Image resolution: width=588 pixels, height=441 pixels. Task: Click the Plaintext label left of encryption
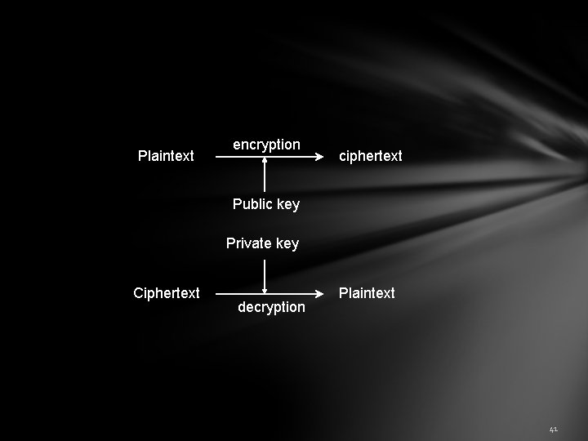pyautogui.click(x=166, y=155)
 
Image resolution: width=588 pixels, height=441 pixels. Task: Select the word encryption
pyautogui.click(x=266, y=145)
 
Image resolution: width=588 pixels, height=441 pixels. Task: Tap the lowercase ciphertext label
pyautogui.click(x=371, y=155)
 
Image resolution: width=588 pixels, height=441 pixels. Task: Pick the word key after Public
pyautogui.click(x=288, y=204)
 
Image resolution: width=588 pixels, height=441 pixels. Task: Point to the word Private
pyautogui.click(x=249, y=243)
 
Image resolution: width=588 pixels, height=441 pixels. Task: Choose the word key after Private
pyautogui.click(x=287, y=243)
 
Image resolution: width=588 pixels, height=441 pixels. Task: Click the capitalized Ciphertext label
pyautogui.click(x=167, y=292)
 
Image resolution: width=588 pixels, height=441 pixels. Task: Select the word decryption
pyautogui.click(x=271, y=307)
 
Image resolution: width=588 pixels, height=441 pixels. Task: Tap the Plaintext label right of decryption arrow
pyautogui.click(x=367, y=292)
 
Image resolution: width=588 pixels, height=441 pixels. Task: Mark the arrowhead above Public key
pyautogui.click(x=265, y=162)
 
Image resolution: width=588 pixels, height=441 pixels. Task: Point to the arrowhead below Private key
pyautogui.click(x=265, y=288)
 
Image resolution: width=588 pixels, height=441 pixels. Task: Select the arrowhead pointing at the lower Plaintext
pyautogui.click(x=319, y=292)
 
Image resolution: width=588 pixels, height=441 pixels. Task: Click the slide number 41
pyautogui.click(x=553, y=429)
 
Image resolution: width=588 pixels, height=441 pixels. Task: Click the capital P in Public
pyautogui.click(x=237, y=204)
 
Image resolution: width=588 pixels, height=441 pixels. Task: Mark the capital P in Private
pyautogui.click(x=230, y=243)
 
